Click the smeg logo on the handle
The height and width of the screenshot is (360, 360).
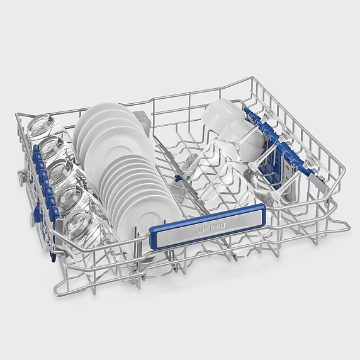point(211,228)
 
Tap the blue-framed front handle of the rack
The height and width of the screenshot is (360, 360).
point(208,225)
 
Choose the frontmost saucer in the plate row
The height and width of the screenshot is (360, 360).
point(147,220)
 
